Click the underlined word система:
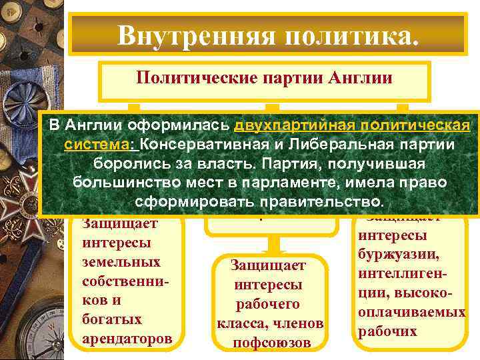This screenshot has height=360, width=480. click(x=100, y=145)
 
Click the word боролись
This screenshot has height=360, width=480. click(x=131, y=163)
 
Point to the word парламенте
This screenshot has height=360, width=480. click(x=308, y=182)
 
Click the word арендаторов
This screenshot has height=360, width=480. click(x=127, y=339)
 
